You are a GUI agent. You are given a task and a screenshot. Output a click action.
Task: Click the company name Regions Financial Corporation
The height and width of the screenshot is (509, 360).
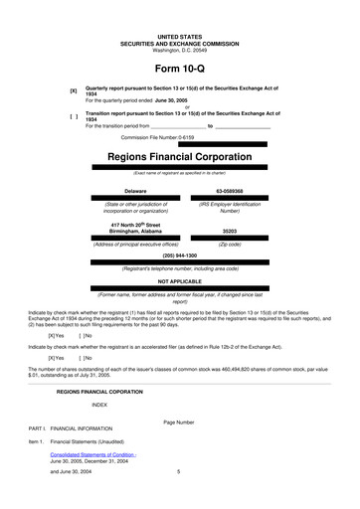click(179, 157)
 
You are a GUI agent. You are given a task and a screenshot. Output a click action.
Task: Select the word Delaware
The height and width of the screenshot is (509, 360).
click(135, 190)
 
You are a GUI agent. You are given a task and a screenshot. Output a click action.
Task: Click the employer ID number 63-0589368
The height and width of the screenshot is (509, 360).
click(230, 190)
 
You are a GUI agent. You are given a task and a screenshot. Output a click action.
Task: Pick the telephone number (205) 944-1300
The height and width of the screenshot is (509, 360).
click(179, 255)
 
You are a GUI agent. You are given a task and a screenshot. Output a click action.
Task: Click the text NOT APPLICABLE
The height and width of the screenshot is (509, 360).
click(179, 280)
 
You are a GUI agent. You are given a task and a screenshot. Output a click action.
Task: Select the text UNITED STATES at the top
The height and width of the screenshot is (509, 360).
click(179, 36)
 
